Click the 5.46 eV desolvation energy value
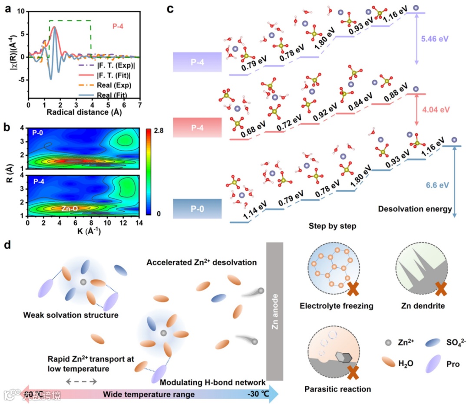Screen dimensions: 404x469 (435, 39)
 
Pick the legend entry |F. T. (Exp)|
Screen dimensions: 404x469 (112, 66)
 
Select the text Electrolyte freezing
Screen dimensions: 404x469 (337, 306)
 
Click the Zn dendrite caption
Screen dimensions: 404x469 (423, 306)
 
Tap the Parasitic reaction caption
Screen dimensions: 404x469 (337, 389)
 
